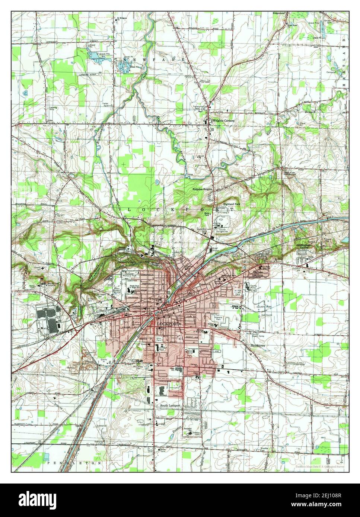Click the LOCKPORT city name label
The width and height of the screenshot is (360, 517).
(168, 324)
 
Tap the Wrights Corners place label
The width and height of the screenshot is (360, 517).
(222, 121)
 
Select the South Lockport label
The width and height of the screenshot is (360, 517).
(171, 405)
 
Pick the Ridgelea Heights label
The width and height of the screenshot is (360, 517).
(203, 189)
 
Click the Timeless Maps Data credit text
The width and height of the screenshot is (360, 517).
(319, 466)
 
